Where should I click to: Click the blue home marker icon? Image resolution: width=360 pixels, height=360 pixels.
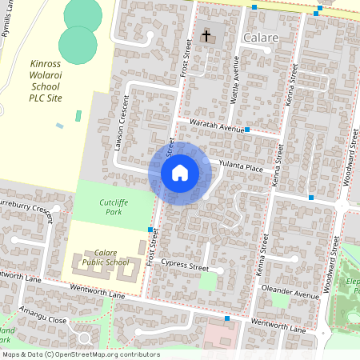click(180, 173)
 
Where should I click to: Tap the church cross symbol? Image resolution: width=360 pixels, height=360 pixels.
click(206, 36)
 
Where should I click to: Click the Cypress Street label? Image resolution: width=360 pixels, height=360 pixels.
click(183, 265)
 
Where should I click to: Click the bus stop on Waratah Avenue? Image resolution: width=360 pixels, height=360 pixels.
click(248, 129)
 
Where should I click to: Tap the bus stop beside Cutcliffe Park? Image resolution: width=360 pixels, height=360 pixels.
click(150, 230)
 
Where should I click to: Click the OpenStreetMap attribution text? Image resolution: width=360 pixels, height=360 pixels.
click(80, 354)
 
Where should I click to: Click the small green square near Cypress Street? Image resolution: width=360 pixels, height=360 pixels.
click(207, 282)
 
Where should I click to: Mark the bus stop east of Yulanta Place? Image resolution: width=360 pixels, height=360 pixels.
click(310, 197)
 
